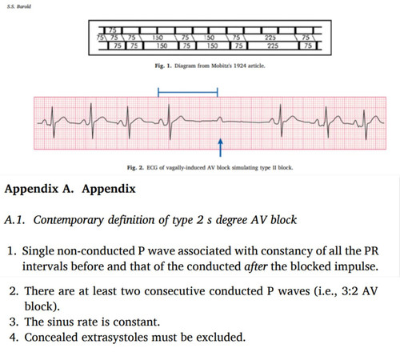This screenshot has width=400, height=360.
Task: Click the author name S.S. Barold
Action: click(19, 6)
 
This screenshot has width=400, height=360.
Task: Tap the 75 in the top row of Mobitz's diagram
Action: click(113, 30)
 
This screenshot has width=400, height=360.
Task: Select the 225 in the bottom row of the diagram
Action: click(273, 46)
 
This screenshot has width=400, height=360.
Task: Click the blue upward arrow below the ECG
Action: click(220, 147)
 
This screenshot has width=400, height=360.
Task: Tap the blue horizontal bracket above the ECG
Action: click(188, 92)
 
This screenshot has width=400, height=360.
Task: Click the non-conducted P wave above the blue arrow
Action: click(219, 119)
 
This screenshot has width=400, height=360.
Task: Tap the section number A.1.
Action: click(15, 220)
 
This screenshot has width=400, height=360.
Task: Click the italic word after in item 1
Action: click(256, 266)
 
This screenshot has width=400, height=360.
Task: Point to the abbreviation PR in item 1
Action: click(371, 251)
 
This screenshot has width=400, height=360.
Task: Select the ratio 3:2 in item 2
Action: click(350, 291)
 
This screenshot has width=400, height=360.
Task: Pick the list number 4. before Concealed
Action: click(14, 338)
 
